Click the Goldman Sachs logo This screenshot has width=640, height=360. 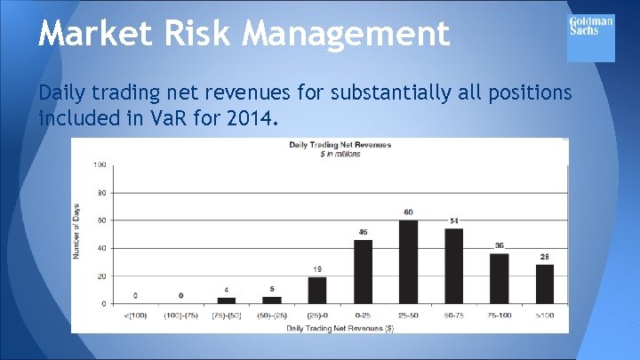590,38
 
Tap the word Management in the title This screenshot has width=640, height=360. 347,35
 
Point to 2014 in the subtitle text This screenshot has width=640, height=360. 253,117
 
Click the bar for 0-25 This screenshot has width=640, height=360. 363,272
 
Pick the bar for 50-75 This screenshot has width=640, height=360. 454,266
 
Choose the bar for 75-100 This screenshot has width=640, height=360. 500,278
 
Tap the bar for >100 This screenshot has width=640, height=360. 545,284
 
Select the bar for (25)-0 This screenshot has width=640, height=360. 317,290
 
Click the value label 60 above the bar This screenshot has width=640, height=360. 409,212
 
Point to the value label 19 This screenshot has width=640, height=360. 317,268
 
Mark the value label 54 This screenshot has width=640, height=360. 454,220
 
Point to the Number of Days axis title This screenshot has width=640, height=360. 77,233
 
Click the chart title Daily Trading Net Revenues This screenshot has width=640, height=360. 340,145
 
